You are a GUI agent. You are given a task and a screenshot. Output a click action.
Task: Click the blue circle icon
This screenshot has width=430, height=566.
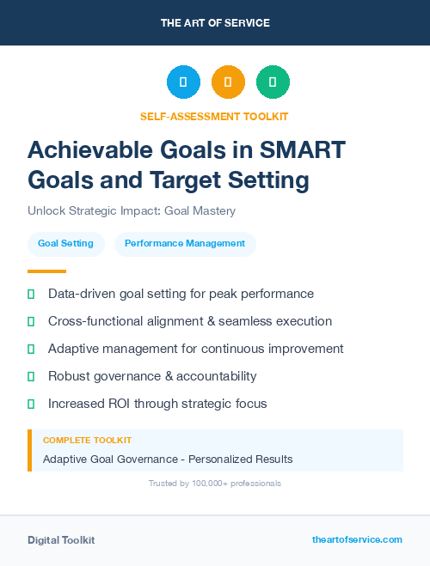coord(183,82)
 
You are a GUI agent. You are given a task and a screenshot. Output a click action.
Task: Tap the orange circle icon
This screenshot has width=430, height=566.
coord(228,82)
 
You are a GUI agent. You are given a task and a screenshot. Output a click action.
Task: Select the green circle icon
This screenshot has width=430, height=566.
coord(273,82)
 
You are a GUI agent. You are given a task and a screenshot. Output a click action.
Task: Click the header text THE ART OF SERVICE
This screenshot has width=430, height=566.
coord(215,22)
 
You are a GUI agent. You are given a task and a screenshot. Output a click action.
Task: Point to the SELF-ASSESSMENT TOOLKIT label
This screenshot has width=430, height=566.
coord(214,116)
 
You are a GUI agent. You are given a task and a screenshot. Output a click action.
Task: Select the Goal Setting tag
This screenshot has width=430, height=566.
coord(65,244)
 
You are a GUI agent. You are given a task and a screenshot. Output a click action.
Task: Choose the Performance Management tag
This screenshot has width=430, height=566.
coord(185,244)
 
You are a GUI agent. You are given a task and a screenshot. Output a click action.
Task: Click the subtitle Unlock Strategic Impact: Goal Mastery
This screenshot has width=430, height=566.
coord(132,210)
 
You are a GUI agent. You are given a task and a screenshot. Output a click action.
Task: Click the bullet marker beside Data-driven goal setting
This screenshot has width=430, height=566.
coord(31,294)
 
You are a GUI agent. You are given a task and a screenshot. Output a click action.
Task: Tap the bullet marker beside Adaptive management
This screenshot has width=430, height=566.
coord(31,349)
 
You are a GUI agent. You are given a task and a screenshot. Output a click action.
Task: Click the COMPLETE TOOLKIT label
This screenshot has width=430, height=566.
coord(87,440)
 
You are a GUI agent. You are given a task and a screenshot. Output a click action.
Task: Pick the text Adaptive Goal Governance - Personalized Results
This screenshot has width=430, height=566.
coord(168,459)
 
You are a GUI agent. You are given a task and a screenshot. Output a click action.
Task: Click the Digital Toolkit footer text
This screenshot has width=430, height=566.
coord(61,540)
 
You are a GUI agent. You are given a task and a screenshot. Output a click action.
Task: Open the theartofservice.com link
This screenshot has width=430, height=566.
coord(357,539)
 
